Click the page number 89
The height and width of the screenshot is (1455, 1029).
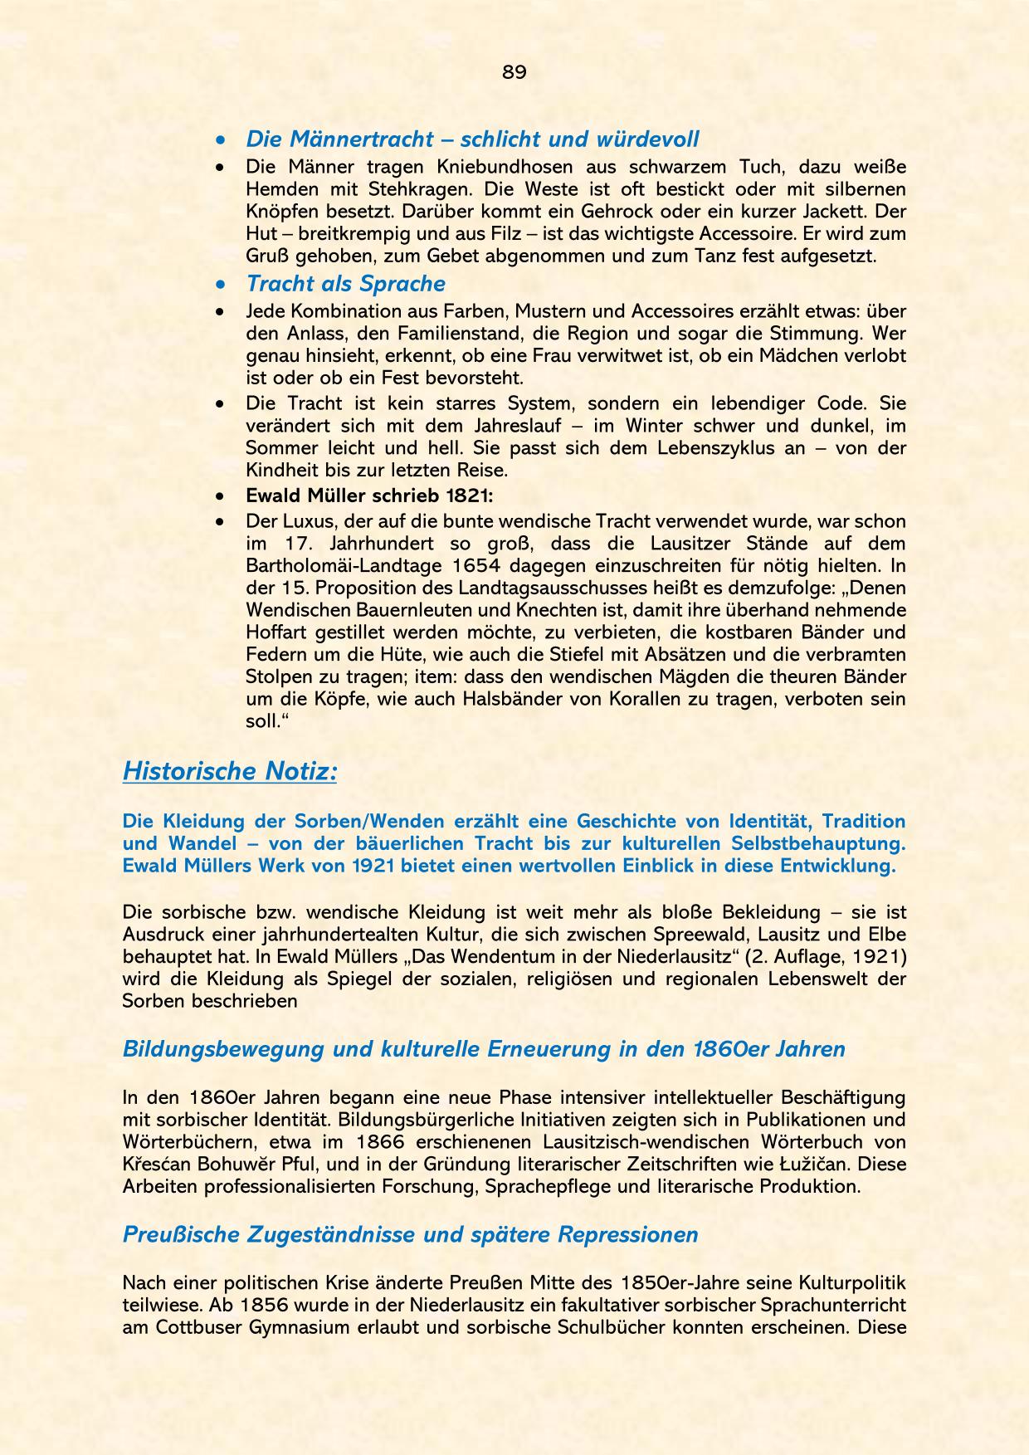coord(514,72)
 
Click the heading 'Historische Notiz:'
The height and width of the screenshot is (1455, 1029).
coord(230,771)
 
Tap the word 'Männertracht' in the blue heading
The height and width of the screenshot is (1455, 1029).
coord(362,139)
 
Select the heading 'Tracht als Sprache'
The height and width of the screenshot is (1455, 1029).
coord(345,284)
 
